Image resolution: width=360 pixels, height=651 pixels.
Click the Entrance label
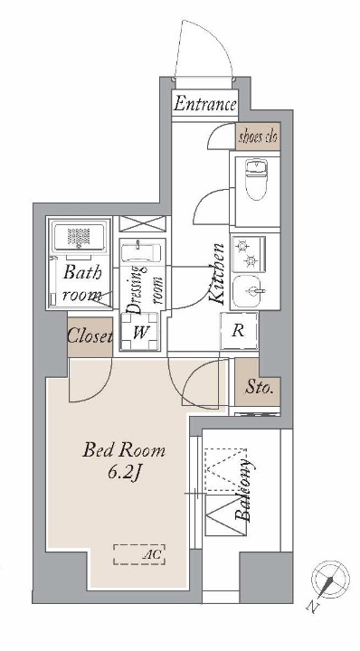click(x=205, y=104)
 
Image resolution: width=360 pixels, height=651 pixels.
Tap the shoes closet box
click(x=259, y=137)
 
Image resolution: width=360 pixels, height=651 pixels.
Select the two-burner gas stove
click(x=249, y=254)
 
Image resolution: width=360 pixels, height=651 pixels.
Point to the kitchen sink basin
click(x=248, y=290)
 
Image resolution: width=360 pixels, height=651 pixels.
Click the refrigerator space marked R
click(x=239, y=331)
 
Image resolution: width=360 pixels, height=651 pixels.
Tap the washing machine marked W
click(x=140, y=332)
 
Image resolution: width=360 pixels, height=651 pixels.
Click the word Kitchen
click(x=216, y=274)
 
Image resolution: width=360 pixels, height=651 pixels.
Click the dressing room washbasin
click(x=141, y=252)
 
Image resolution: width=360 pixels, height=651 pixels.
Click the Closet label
click(x=90, y=336)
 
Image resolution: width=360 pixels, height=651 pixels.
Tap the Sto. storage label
click(x=259, y=388)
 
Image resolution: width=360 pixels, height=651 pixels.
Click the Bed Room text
click(x=124, y=450)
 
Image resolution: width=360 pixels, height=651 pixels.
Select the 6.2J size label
click(x=122, y=474)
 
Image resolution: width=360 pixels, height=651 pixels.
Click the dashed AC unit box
click(x=139, y=554)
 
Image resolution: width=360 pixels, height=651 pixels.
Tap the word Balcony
click(x=243, y=491)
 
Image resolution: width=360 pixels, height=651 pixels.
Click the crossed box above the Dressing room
click(x=142, y=224)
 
